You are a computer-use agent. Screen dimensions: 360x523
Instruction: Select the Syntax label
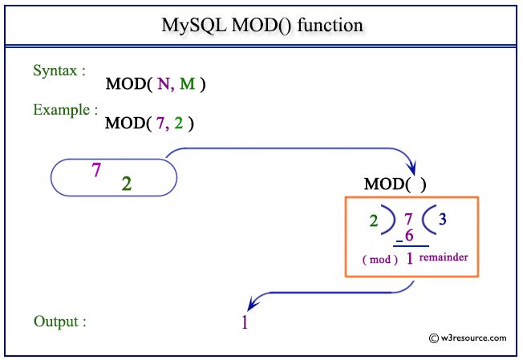click(x=59, y=71)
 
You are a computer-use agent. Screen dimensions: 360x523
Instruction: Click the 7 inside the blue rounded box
click(x=96, y=169)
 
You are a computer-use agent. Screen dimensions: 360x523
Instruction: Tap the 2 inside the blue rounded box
click(x=127, y=184)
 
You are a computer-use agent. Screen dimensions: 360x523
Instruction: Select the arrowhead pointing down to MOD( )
click(x=412, y=168)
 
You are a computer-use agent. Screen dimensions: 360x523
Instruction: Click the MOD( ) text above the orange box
click(x=395, y=184)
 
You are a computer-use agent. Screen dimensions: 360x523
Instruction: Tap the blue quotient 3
click(x=442, y=218)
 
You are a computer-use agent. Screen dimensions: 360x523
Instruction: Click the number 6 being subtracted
click(x=408, y=236)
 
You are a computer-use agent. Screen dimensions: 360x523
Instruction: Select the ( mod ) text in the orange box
click(x=380, y=260)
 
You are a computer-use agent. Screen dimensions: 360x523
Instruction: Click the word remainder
click(x=443, y=257)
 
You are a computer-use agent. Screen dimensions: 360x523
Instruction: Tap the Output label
click(x=59, y=322)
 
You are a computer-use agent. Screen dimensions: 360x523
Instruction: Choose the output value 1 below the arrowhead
click(x=244, y=323)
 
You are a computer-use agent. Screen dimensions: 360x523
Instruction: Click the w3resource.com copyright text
click(x=468, y=338)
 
